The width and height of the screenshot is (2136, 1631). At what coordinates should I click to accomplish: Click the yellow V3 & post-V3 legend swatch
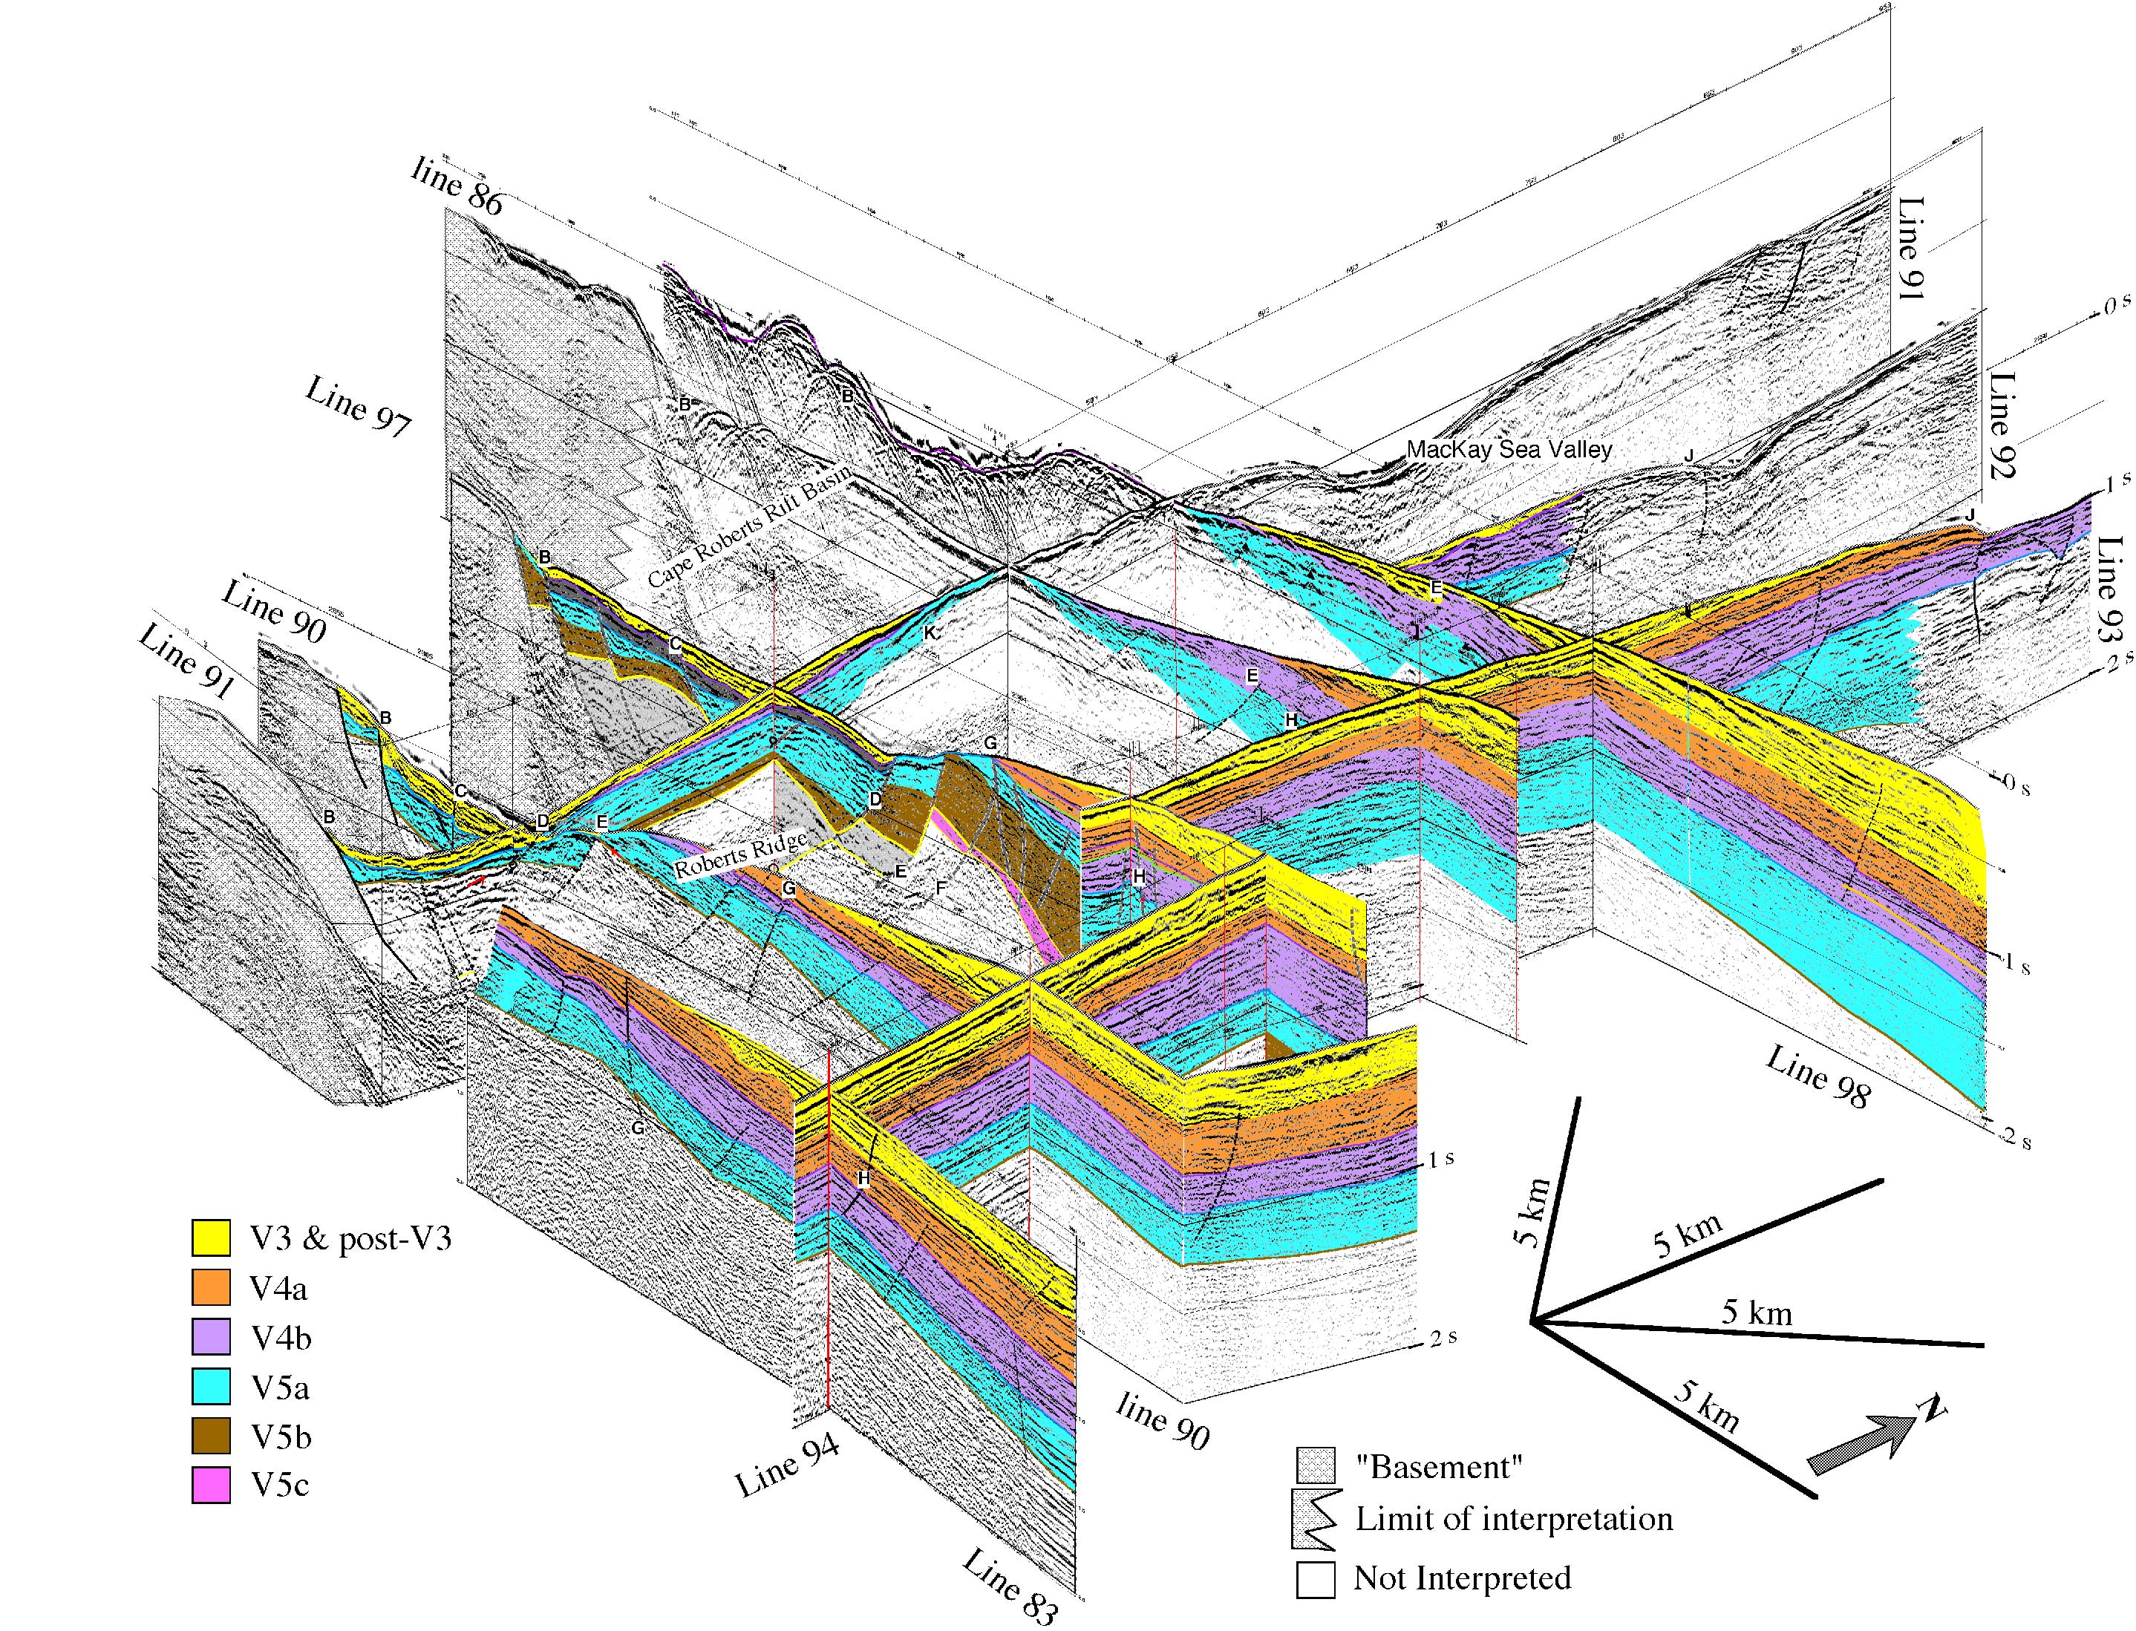[x=211, y=1237]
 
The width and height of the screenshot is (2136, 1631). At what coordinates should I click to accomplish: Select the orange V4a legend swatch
[x=211, y=1287]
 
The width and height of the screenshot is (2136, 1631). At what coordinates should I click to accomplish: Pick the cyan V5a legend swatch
[x=211, y=1385]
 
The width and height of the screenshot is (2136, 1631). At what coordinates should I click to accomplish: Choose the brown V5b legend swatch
[x=211, y=1435]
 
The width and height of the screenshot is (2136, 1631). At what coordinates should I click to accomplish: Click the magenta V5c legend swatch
[x=211, y=1485]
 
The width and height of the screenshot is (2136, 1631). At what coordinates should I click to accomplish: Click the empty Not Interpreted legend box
[x=1316, y=1578]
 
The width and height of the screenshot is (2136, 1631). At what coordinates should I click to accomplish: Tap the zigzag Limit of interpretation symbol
[x=1316, y=1520]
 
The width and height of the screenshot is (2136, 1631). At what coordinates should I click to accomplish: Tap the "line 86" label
[x=457, y=186]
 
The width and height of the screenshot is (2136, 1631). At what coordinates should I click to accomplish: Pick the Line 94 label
[x=786, y=1467]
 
